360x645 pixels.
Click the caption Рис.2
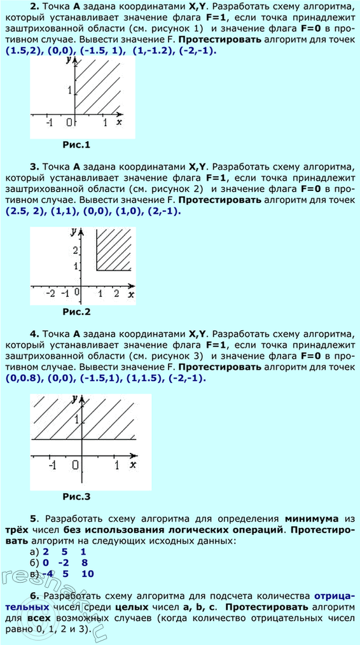77,312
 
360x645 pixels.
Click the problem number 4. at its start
34,333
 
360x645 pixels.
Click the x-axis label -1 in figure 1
48,123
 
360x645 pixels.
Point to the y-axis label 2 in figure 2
76,250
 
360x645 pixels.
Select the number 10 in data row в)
88,574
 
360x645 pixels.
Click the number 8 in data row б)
83,563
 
